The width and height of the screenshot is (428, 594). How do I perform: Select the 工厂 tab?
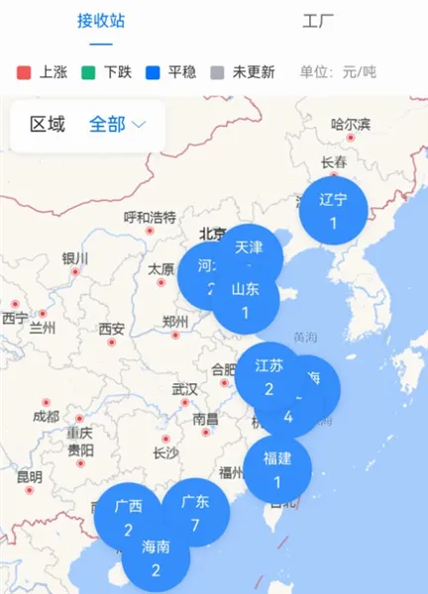(318, 20)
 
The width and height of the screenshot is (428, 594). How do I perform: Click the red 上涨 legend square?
(25, 72)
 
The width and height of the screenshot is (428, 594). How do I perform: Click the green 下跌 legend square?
(89, 72)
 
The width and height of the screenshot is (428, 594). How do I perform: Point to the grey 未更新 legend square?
(218, 72)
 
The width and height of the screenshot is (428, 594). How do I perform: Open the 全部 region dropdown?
(118, 125)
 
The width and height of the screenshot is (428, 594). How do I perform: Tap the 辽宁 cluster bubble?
(334, 210)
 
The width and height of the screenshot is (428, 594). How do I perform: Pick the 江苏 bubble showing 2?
(268, 375)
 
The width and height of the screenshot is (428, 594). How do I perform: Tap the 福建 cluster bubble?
(277, 468)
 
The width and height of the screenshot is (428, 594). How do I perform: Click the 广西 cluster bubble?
(128, 517)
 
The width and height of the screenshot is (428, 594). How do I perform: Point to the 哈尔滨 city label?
(351, 125)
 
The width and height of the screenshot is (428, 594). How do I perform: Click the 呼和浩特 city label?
(150, 217)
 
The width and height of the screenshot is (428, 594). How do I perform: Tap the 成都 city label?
(45, 416)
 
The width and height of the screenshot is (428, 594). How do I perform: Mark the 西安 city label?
(111, 329)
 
